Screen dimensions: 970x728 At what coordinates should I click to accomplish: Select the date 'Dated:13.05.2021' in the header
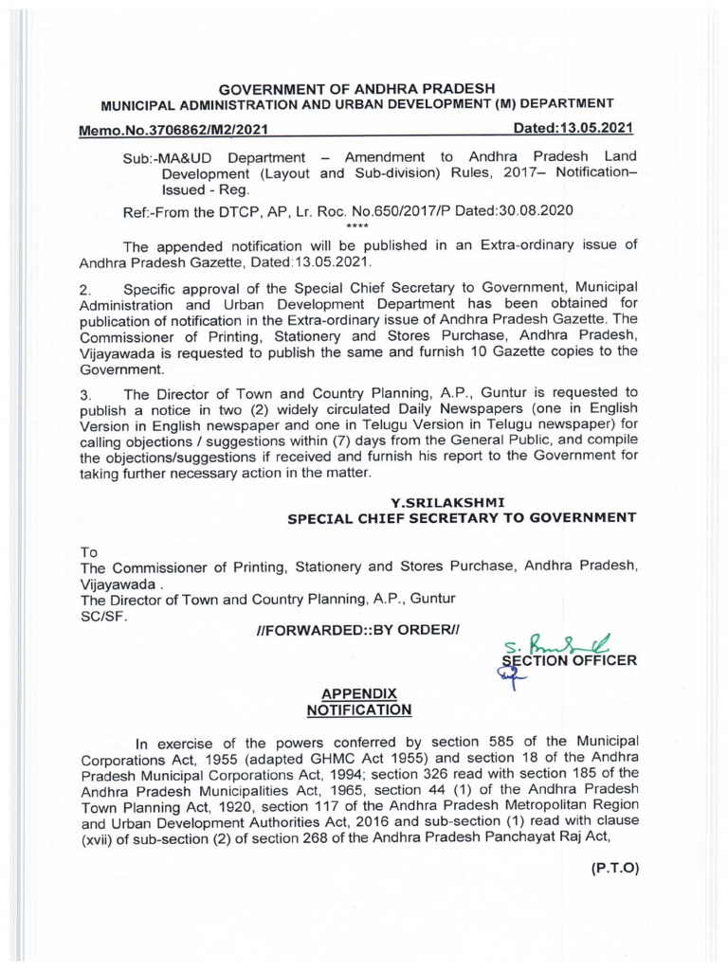click(x=572, y=128)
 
